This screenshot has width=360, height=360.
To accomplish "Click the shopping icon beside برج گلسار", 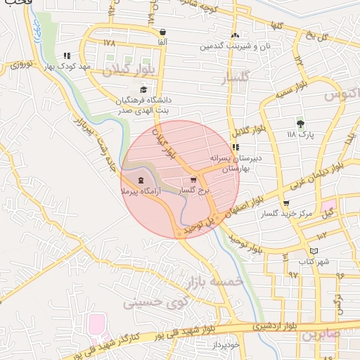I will (x=193, y=180).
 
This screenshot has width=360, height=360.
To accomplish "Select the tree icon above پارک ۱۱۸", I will (x=301, y=122).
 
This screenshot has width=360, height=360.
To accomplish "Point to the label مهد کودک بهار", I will (x=76, y=65).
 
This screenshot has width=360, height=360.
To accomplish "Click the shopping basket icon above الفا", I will (x=163, y=32).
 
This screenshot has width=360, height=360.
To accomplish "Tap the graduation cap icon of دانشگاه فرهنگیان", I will (x=143, y=90).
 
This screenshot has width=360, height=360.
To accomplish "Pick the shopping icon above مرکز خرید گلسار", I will (x=285, y=203).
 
